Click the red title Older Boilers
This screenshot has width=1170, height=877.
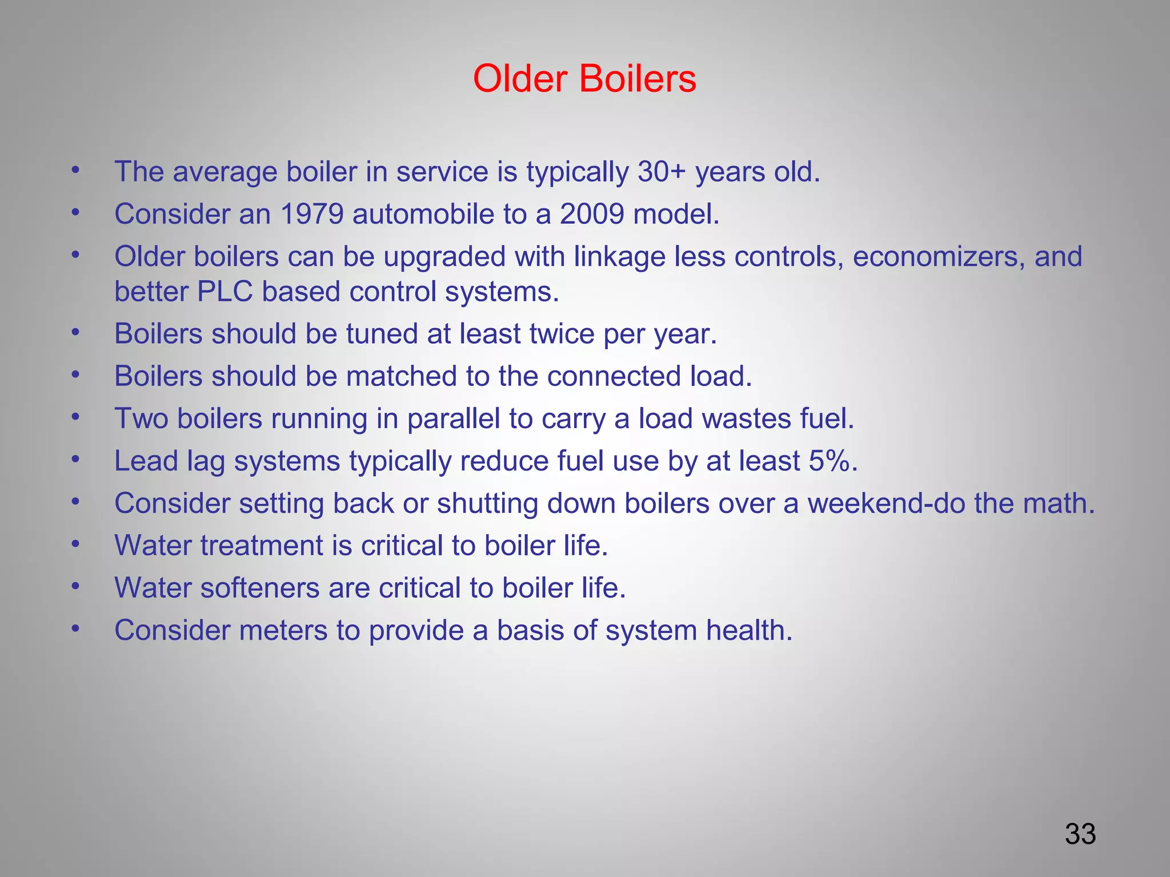pos(584,78)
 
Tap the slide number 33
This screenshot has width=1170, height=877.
pos(1080,834)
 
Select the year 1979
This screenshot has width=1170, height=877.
pos(312,214)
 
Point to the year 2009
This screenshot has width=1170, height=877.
pos(591,214)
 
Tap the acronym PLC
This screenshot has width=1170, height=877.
pos(225,292)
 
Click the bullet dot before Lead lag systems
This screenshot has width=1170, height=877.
pos(75,460)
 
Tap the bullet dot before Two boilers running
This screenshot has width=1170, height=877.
pos(75,417)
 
